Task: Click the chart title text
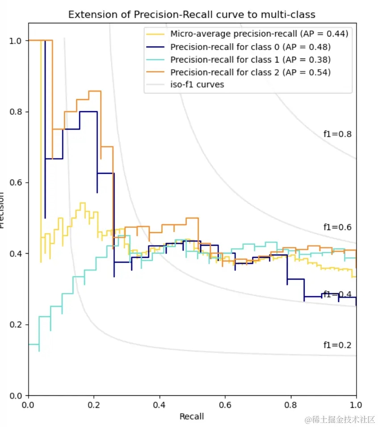pyautogui.click(x=192, y=15)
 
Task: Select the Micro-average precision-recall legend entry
pyautogui.click(x=259, y=33)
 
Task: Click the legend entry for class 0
pyautogui.click(x=250, y=46)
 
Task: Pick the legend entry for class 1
pyautogui.click(x=250, y=59)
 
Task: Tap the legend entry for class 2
pyautogui.click(x=250, y=72)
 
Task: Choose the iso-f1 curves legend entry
pyautogui.click(x=197, y=84)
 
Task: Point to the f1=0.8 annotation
pyautogui.click(x=337, y=134)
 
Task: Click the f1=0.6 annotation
pyautogui.click(x=337, y=227)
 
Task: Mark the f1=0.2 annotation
pyautogui.click(x=337, y=345)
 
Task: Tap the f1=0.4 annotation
pyautogui.click(x=337, y=294)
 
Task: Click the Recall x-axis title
pyautogui.click(x=192, y=417)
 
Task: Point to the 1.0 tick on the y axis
pyautogui.click(x=16, y=41)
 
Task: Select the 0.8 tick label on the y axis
pyautogui.click(x=16, y=112)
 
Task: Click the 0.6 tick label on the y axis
pyautogui.click(x=16, y=183)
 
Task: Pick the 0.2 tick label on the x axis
pyautogui.click(x=94, y=405)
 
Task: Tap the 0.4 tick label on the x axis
pyautogui.click(x=160, y=405)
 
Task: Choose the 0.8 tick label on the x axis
pyautogui.click(x=291, y=405)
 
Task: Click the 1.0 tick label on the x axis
pyautogui.click(x=356, y=405)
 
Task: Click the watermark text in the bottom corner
pyautogui.click(x=340, y=420)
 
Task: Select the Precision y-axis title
pyautogui.click(x=3, y=210)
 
